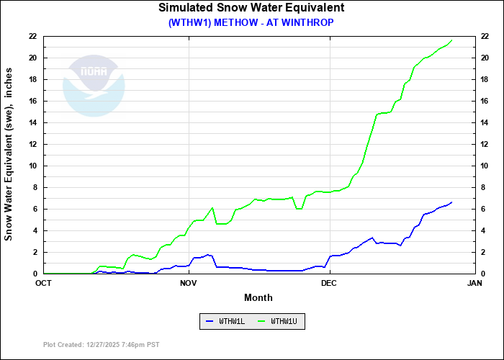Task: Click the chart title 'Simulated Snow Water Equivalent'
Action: (x=251, y=8)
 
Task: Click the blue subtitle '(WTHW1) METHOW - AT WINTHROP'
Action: (x=251, y=22)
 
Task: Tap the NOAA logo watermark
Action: (x=94, y=86)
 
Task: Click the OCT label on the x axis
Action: (x=44, y=283)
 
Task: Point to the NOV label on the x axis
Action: (x=189, y=283)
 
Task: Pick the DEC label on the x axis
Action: (x=329, y=283)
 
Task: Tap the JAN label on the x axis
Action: (x=474, y=283)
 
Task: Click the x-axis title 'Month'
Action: (x=258, y=297)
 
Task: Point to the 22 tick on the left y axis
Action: (x=33, y=36)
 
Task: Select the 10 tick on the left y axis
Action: (x=33, y=166)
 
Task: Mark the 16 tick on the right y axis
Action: (x=485, y=101)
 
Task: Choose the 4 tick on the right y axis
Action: (x=482, y=230)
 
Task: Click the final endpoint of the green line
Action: (x=451, y=40)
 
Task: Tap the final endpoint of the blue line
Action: (x=451, y=202)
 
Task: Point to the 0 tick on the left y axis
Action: (x=35, y=274)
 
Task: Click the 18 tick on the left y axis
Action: (x=33, y=79)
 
